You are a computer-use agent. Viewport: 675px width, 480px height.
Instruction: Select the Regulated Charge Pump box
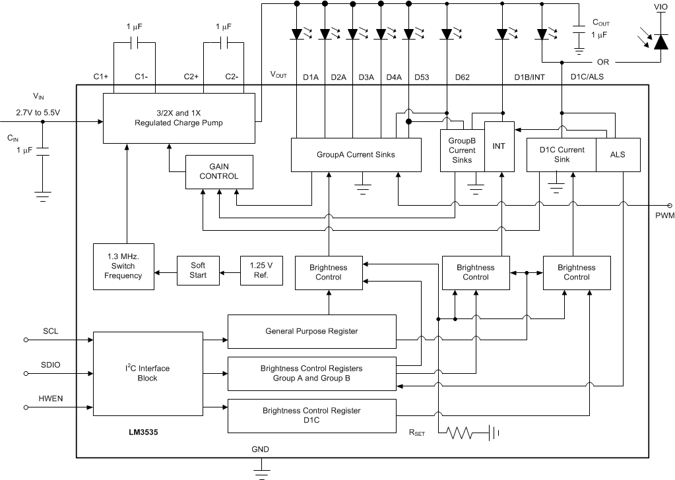click(178, 117)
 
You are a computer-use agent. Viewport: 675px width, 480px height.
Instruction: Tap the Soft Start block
click(194, 270)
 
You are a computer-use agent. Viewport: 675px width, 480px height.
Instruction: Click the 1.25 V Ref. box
click(261, 270)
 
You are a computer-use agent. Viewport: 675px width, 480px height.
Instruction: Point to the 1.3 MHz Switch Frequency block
click(123, 265)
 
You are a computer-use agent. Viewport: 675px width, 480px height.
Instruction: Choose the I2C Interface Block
click(147, 373)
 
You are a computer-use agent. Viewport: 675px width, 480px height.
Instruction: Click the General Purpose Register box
click(311, 331)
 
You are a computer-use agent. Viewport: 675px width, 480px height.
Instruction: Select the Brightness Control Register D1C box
click(311, 415)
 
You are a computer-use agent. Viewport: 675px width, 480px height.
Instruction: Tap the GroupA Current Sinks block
click(356, 156)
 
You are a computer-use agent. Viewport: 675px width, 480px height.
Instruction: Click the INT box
click(499, 146)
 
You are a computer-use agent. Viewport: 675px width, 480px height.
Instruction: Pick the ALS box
click(618, 155)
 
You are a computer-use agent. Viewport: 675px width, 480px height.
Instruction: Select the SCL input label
click(51, 331)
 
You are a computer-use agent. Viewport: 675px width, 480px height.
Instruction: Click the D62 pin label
click(462, 77)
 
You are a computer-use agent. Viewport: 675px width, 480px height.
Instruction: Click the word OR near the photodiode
click(603, 62)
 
